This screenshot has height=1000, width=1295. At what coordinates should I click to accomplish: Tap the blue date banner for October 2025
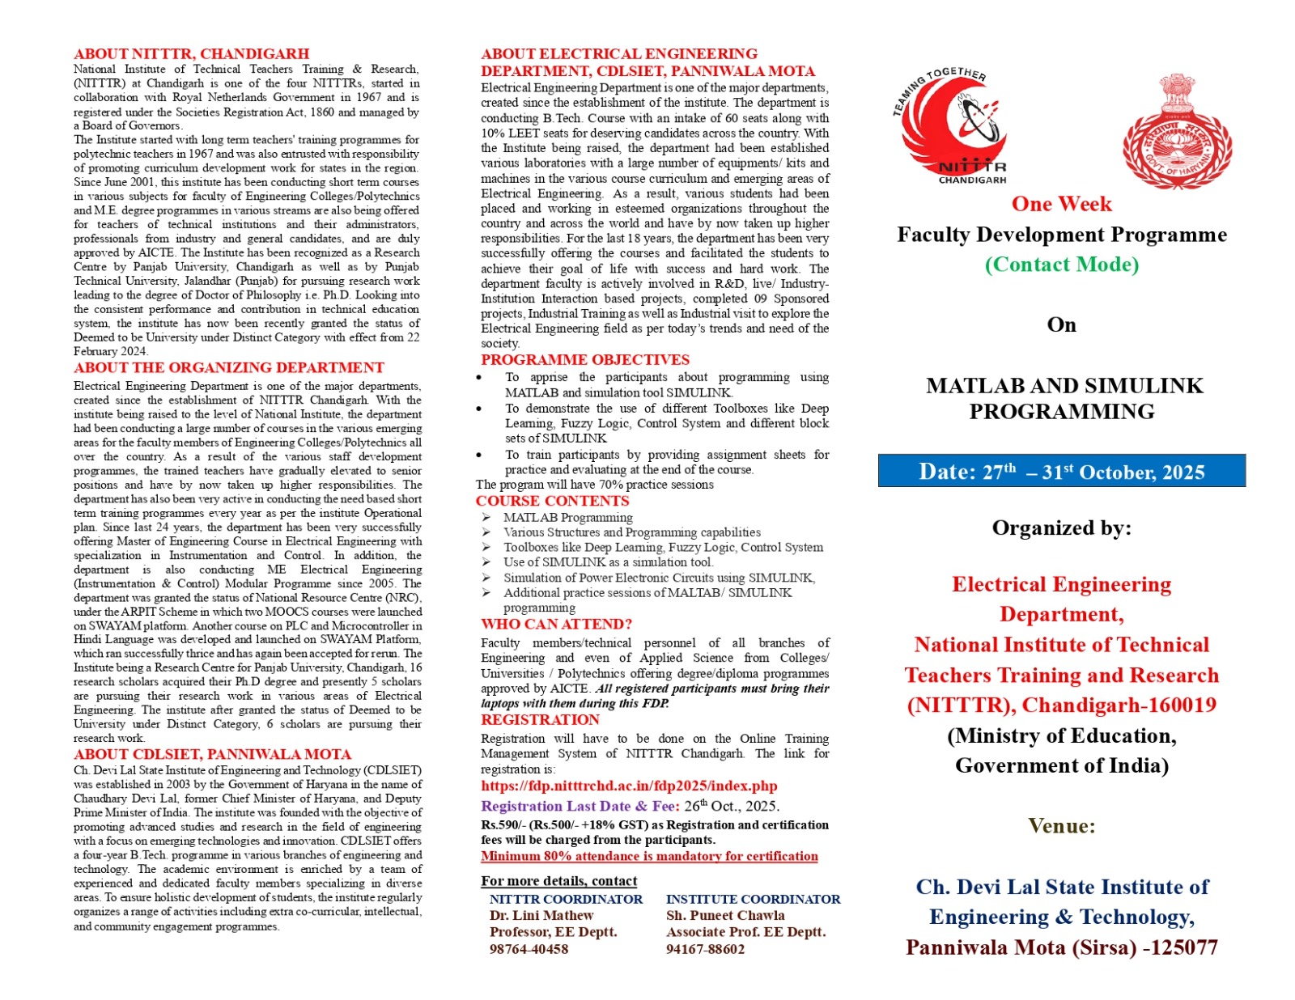click(1061, 472)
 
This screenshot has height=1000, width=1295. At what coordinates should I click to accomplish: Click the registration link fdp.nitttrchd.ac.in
click(629, 786)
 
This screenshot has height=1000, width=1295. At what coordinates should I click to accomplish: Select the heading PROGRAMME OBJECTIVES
click(585, 360)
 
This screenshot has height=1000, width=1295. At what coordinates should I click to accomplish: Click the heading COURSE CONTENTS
click(552, 501)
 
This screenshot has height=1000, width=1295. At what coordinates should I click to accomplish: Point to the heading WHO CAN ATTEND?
click(556, 624)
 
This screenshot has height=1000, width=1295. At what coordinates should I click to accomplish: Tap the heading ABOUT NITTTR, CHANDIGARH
click(191, 54)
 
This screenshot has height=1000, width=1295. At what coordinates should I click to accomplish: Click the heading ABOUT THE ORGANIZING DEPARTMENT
click(228, 368)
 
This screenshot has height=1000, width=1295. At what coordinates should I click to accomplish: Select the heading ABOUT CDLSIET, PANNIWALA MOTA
click(212, 754)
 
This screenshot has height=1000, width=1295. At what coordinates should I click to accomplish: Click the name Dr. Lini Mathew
click(541, 915)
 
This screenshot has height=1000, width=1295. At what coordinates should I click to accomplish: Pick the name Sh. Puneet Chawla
click(725, 915)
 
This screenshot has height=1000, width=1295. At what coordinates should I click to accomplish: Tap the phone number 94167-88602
click(705, 949)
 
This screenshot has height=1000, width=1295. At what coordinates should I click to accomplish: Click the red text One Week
click(1061, 204)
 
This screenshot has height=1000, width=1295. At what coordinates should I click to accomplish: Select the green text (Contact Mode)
click(1061, 265)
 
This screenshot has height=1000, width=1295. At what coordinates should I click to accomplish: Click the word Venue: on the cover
click(1061, 825)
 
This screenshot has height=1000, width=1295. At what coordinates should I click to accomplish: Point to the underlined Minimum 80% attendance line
click(649, 856)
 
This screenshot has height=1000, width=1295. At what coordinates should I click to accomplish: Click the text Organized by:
click(1061, 528)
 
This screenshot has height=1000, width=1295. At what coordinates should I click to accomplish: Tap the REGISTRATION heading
click(540, 720)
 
